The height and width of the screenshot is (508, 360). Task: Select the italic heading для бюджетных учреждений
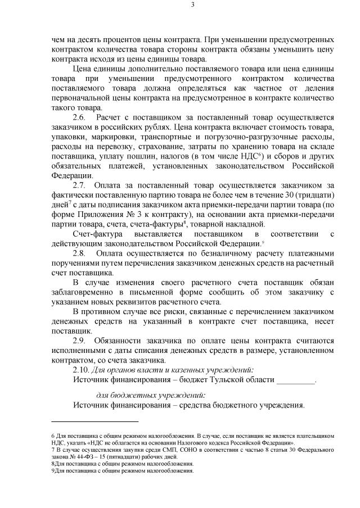point(148,395)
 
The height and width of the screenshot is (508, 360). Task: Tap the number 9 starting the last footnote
point(52,471)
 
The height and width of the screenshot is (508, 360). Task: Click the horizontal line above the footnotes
point(94,421)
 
